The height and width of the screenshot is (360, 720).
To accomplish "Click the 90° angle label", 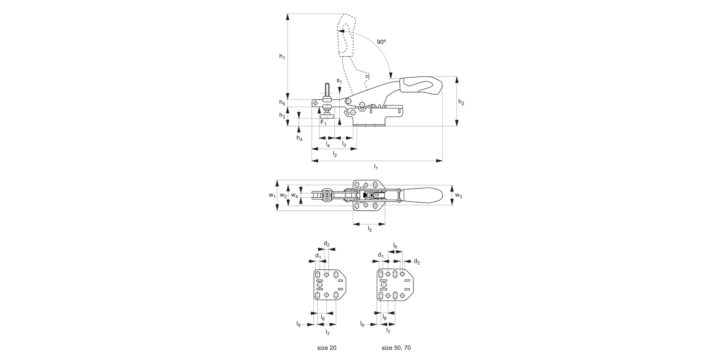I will (381, 42).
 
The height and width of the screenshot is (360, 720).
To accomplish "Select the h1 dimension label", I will (283, 57).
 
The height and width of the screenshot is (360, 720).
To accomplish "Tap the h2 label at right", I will (461, 102).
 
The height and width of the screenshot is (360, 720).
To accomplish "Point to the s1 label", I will (339, 81).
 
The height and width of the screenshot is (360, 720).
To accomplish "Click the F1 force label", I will (324, 122).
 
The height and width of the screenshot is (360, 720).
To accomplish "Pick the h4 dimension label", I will (299, 138).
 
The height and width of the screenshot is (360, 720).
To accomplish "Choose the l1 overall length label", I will (376, 167).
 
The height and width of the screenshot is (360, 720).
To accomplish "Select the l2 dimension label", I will (335, 155).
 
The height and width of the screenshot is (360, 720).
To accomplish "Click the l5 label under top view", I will (370, 229).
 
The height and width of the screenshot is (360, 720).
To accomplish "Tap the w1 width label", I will (272, 195).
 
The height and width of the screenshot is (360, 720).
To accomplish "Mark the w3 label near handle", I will (459, 195).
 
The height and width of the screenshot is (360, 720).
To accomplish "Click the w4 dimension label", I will (295, 196).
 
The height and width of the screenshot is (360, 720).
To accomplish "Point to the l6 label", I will (396, 246).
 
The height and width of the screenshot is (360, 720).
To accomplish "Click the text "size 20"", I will (327, 348).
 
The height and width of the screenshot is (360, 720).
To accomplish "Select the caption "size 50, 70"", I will (396, 348).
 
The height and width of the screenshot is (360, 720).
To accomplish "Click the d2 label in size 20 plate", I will (326, 244).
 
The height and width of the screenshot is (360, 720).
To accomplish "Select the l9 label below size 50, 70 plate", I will (362, 324).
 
